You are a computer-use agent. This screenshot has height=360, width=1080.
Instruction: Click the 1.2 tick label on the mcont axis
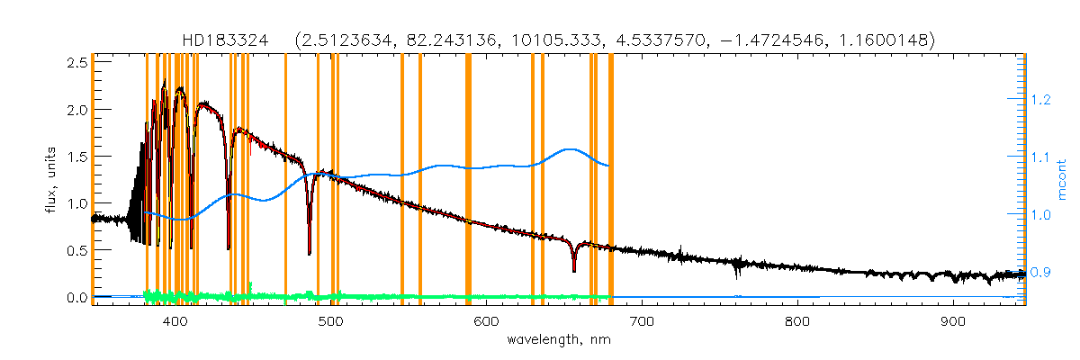1041,101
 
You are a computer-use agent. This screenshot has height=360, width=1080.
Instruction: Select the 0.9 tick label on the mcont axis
1041,271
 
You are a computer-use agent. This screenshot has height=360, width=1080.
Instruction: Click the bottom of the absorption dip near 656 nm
573,270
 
